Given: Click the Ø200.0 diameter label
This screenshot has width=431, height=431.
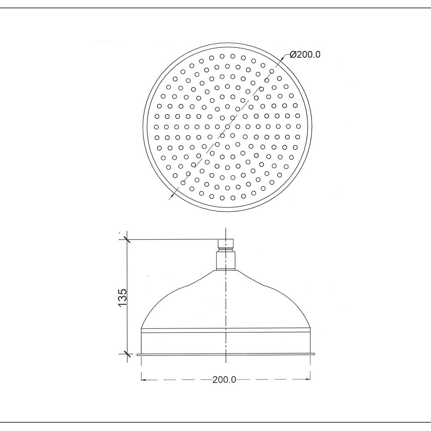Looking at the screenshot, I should click(x=305, y=55).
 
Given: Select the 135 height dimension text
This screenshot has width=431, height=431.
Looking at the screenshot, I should click(x=122, y=297).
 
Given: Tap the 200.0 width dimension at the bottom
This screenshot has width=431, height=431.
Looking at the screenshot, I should click(x=224, y=380).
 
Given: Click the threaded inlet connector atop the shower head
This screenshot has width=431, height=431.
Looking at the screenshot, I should click(x=226, y=245).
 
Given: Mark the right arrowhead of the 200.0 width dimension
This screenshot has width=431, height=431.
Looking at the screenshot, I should click(x=308, y=379).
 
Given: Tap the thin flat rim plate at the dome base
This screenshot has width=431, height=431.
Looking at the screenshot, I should click(x=226, y=354).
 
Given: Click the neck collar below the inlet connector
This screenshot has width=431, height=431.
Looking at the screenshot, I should click(x=226, y=260).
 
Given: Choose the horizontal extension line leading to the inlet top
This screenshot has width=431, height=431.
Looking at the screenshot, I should click(x=172, y=239).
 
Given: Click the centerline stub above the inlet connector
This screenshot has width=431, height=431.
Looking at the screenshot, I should click(x=225, y=233).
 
